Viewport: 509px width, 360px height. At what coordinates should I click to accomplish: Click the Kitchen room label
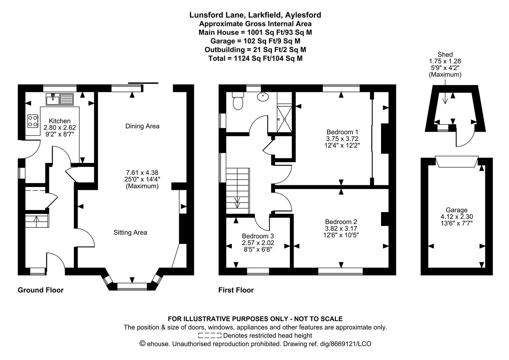point(60,121)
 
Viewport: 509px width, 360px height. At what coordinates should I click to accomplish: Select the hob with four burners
point(33,121)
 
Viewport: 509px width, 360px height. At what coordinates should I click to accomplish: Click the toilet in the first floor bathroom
point(238,101)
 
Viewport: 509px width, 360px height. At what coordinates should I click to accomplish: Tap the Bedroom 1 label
point(342,132)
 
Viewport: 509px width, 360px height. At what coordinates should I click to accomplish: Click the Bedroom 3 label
point(258,236)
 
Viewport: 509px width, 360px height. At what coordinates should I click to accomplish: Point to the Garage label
point(456,210)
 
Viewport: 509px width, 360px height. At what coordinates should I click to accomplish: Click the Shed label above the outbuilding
point(445,55)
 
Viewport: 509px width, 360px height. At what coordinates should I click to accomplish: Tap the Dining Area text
point(142,126)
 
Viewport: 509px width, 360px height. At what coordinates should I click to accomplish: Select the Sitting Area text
point(130,232)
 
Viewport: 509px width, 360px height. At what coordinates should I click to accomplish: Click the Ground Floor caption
point(41,290)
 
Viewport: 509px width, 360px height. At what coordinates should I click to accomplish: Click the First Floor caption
point(236,290)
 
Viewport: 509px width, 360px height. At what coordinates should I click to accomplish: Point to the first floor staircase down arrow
point(237,202)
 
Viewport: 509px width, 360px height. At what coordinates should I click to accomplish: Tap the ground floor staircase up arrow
point(36,219)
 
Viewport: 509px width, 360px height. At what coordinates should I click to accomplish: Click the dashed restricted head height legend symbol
point(210,335)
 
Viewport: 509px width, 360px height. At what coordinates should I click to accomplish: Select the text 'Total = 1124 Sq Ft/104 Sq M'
point(255,58)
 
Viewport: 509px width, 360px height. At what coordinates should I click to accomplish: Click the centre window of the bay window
point(132,286)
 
